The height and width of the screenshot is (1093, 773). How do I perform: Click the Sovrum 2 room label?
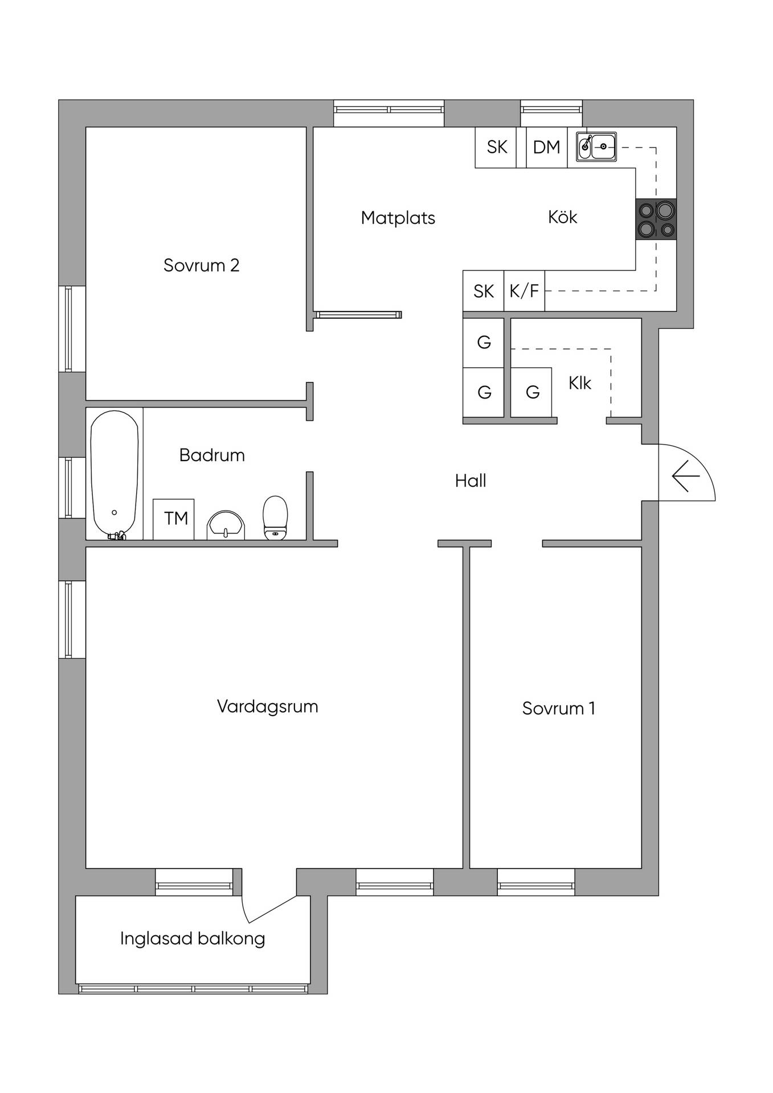[201, 265]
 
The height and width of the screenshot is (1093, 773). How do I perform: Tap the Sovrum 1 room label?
[558, 708]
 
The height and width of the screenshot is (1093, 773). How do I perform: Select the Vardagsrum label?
[267, 707]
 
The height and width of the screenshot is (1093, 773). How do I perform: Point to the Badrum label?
[212, 455]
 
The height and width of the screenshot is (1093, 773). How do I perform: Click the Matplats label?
[398, 218]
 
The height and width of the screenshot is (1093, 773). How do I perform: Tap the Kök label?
[562, 217]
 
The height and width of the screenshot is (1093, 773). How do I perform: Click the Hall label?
[471, 481]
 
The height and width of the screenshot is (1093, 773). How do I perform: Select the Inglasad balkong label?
[193, 939]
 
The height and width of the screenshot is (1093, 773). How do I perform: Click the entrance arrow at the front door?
[685, 475]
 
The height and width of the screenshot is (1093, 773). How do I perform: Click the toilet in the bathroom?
[275, 517]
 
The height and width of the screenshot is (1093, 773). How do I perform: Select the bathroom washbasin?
[226, 525]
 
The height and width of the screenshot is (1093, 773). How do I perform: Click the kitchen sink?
[596, 146]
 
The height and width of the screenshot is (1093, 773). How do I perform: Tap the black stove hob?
[656, 219]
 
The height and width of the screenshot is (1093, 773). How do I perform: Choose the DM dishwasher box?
[547, 147]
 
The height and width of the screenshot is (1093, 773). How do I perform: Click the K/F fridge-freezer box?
[524, 291]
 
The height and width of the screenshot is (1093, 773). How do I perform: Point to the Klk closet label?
[580, 383]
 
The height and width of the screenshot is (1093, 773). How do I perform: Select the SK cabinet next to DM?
[496, 147]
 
